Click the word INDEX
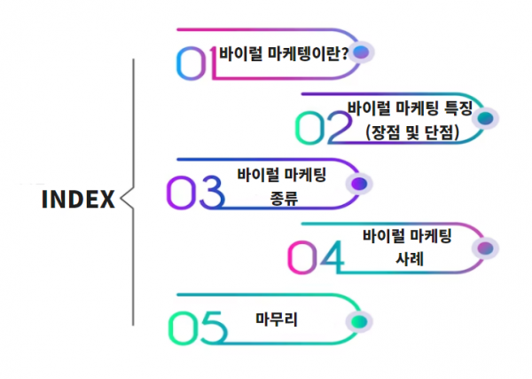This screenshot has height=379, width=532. [x=78, y=199]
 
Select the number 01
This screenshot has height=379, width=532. [x=197, y=63]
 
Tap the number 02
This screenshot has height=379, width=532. [x=324, y=128]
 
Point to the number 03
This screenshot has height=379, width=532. [x=196, y=192]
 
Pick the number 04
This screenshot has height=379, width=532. [x=316, y=257]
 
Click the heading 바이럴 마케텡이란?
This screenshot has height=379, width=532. [x=284, y=53]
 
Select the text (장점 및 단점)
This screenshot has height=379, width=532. [x=412, y=132]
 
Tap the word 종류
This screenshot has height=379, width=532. [x=284, y=198]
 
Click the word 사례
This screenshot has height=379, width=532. [x=410, y=259]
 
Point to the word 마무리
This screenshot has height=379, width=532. [x=277, y=320]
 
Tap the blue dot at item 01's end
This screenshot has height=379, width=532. [x=361, y=52]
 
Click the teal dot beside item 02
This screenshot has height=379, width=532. [x=485, y=118]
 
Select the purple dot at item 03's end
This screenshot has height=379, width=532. [x=359, y=184]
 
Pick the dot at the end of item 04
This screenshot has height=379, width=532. [x=485, y=249]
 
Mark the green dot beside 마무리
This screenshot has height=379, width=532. [x=359, y=321]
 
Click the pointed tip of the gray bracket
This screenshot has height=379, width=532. [x=121, y=198]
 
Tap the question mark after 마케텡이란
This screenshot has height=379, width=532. [x=345, y=53]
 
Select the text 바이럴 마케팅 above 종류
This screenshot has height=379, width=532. [x=282, y=175]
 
